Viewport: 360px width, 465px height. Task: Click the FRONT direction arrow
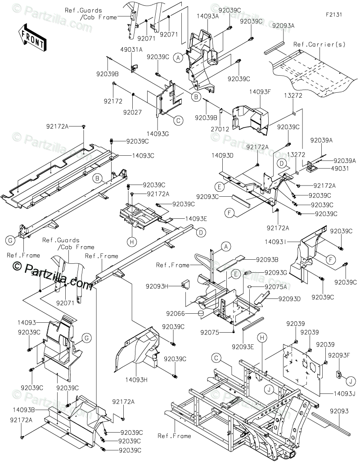click(x=31, y=38)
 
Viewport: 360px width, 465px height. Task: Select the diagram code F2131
click(x=334, y=14)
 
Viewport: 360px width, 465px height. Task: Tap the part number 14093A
click(x=207, y=16)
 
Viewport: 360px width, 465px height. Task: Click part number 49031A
click(x=131, y=50)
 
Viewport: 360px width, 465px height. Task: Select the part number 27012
click(x=219, y=128)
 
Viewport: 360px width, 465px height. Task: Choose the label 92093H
click(x=157, y=286)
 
